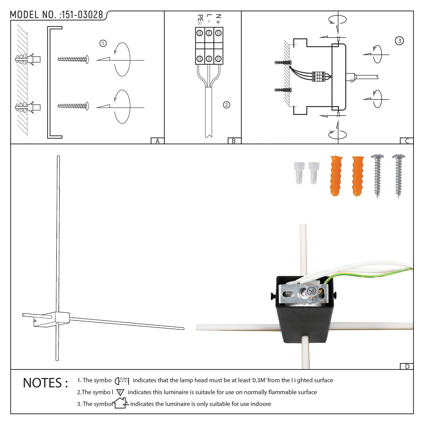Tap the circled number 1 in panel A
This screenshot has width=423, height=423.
pos(103,43)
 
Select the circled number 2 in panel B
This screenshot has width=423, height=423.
pos(226,105)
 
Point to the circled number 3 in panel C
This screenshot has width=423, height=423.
pos(399,41)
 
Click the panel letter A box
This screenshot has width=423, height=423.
pos(157,141)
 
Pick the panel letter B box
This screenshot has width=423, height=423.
pos(234,141)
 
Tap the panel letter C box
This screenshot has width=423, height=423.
pos(407,141)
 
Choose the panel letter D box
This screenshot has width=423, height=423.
pos(407,366)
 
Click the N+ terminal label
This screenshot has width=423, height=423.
pos(218,19)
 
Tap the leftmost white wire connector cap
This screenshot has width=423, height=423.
pos(298,173)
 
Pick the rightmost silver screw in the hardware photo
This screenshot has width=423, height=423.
pos(398,176)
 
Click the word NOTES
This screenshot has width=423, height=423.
pos(45,383)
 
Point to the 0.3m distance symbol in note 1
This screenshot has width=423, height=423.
pos(122,380)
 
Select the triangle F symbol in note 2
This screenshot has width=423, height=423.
pos(120,392)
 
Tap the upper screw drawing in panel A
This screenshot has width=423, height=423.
pos(73,59)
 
